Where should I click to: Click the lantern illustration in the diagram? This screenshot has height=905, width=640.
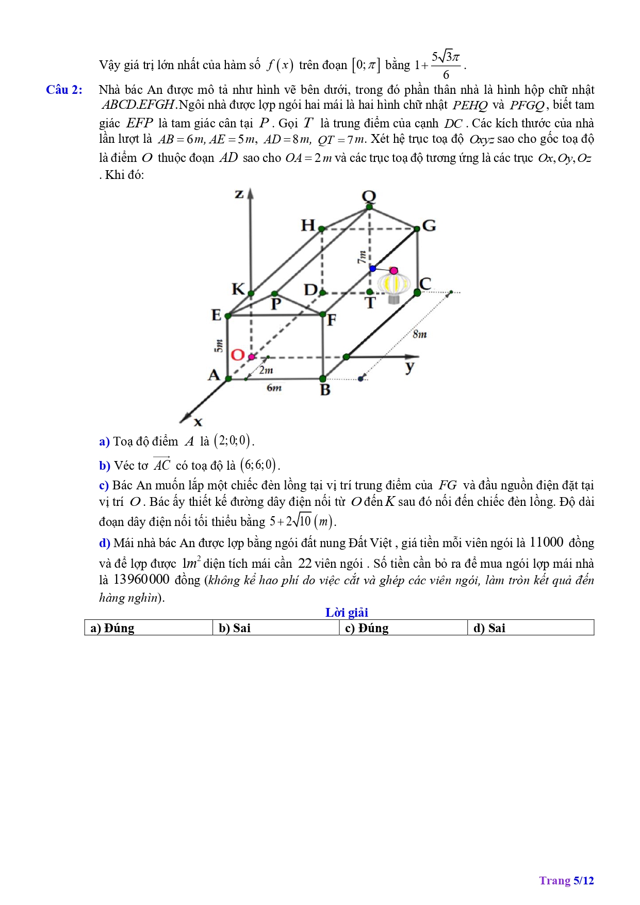[394, 286]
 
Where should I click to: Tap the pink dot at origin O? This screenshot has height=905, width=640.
[252, 357]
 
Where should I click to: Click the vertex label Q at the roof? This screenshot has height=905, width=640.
[369, 196]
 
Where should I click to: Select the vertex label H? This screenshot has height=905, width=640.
[308, 225]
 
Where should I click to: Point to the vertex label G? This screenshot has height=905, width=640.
[429, 225]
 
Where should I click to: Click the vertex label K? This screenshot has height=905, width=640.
[238, 289]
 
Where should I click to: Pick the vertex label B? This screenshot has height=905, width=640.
[325, 390]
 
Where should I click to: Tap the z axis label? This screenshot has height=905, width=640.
[239, 194]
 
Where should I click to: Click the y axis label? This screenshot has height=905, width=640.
[409, 367]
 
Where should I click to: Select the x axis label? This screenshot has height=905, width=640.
[198, 422]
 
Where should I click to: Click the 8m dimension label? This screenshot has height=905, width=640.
[420, 334]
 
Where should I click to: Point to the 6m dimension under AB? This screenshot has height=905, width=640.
[274, 388]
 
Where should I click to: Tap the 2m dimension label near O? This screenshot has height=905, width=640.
[266, 370]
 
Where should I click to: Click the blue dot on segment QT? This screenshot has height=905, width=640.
[373, 269]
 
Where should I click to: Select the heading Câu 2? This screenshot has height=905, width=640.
[64, 90]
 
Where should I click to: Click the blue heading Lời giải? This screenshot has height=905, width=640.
[347, 612]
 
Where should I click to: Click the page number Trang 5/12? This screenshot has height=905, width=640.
[566, 880]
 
